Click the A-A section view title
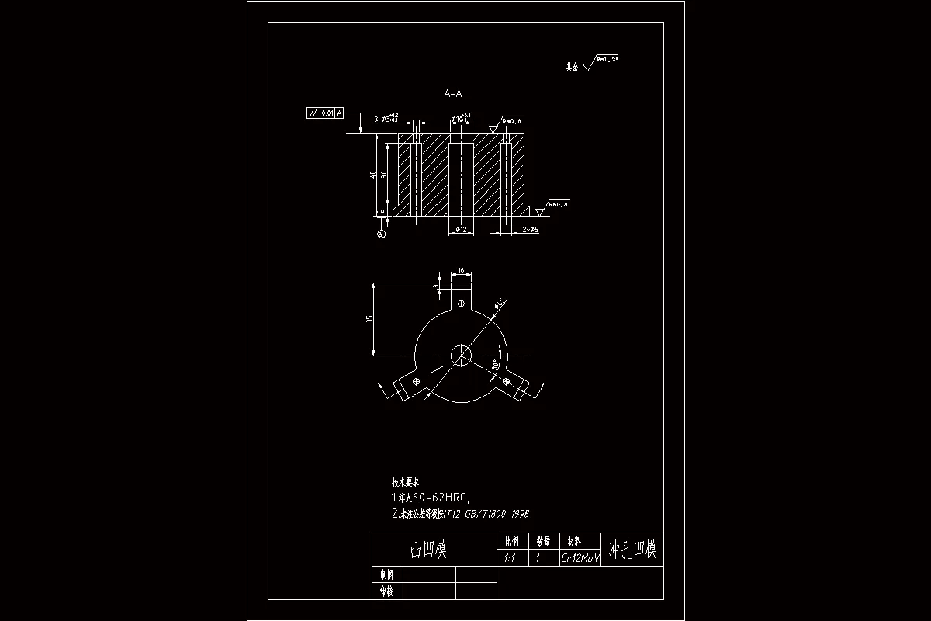pyautogui.click(x=453, y=94)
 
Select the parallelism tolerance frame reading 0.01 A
pyautogui.click(x=325, y=113)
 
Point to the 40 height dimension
pyautogui.click(x=373, y=175)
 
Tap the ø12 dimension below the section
pyautogui.click(x=460, y=230)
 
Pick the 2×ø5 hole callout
pyautogui.click(x=531, y=230)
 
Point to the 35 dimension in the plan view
pyautogui.click(x=370, y=318)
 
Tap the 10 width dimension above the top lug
pyautogui.click(x=461, y=271)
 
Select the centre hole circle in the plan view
pyautogui.click(x=461, y=356)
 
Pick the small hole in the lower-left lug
pyautogui.click(x=417, y=381)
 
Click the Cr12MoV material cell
pyautogui.click(x=580, y=558)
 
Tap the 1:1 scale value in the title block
pyautogui.click(x=510, y=558)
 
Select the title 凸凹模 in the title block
pyautogui.click(x=428, y=550)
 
